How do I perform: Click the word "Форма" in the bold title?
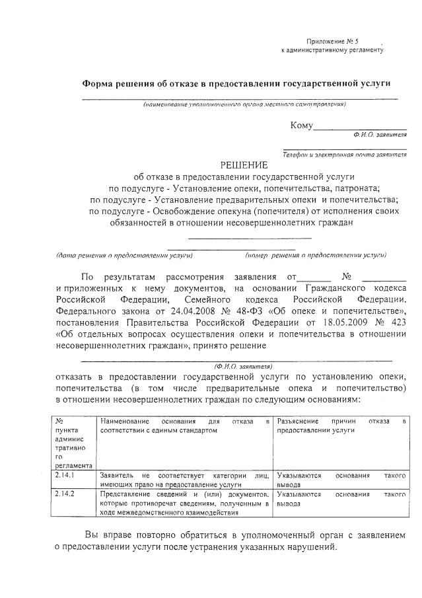click(x=98, y=84)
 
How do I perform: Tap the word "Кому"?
click(x=301, y=126)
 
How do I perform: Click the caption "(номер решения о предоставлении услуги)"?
click(x=316, y=254)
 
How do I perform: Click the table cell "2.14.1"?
click(x=64, y=474)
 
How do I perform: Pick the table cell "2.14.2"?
click(x=64, y=494)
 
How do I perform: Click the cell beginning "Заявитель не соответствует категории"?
click(x=184, y=479)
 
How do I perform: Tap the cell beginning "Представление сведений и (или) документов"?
click(x=184, y=502)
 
